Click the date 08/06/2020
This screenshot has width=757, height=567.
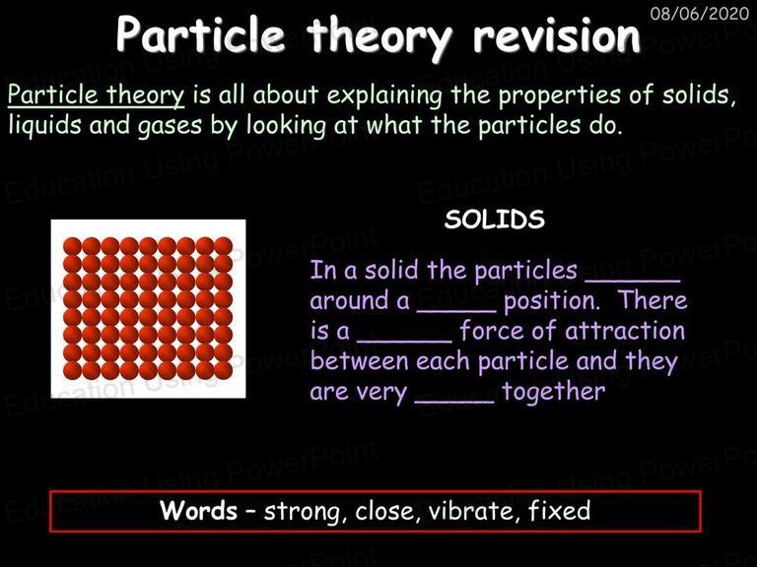pyautogui.click(x=700, y=13)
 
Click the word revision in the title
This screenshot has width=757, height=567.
pyautogui.click(x=556, y=34)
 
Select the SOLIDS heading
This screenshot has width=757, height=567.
pyautogui.click(x=495, y=220)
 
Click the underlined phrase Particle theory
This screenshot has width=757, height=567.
pyautogui.click(x=96, y=94)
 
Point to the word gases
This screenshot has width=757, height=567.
pyautogui.click(x=170, y=126)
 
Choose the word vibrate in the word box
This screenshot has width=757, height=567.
pyautogui.click(x=473, y=511)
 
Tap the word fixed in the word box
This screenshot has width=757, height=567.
pyautogui.click(x=559, y=510)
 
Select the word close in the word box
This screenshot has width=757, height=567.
pyautogui.click(x=384, y=511)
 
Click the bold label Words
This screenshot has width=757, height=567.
pyautogui.click(x=198, y=510)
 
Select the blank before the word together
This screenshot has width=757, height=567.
pyautogui.click(x=454, y=402)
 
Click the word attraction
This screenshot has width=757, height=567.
pyautogui.click(x=625, y=331)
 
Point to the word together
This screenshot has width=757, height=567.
pyautogui.click(x=553, y=392)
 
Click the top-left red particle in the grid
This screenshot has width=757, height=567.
pyautogui.click(x=72, y=246)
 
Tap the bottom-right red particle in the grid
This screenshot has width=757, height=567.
pyautogui.click(x=223, y=370)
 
